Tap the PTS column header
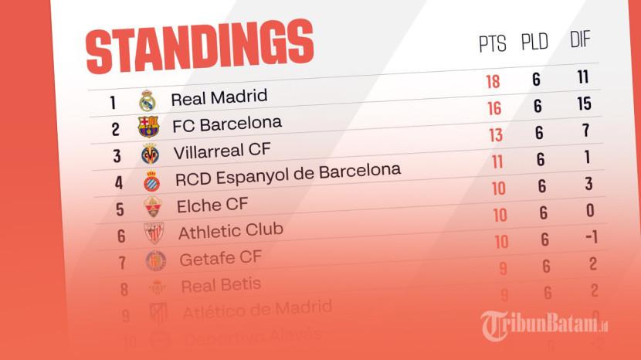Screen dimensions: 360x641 point(493,44)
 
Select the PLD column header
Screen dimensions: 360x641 point(534,42)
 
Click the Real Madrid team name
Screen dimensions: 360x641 point(219,98)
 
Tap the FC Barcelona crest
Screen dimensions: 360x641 point(148,126)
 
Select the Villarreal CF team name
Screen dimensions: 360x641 point(222,149)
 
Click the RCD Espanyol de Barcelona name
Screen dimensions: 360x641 point(287,174)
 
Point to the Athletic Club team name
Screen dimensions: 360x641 point(230,230)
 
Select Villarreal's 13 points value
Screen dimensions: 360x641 point(496,135)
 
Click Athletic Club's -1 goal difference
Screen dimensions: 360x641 point(591,236)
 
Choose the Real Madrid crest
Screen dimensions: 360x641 point(147,100)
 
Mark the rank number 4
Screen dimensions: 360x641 point(119,183)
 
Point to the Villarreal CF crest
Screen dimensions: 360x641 point(149,153)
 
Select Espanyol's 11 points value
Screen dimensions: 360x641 point(497,161)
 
